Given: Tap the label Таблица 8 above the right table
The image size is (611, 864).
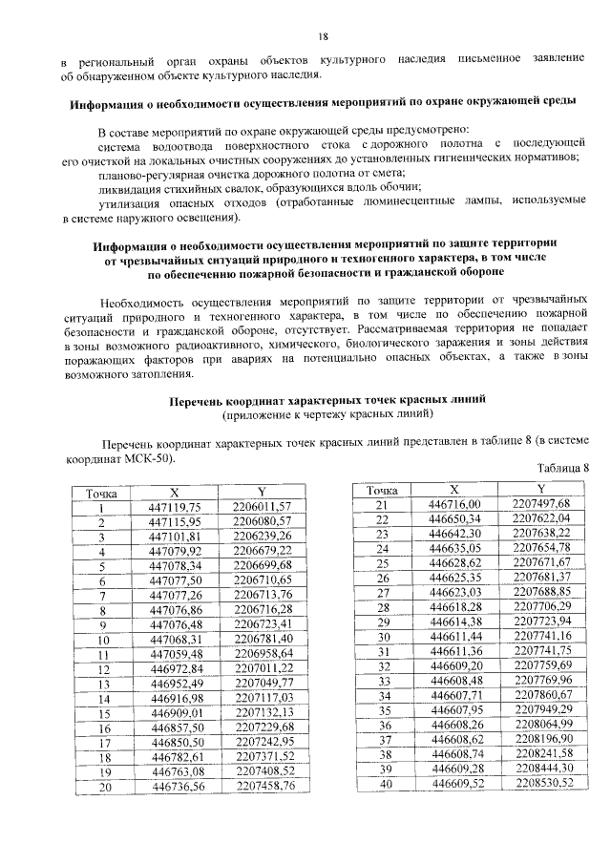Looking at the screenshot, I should pos(563,467).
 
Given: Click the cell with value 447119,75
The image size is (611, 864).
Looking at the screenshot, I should pos(177,508).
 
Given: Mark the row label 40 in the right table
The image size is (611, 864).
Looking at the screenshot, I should pos(385,783).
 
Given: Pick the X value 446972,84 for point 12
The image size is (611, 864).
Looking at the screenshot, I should pos(177,668).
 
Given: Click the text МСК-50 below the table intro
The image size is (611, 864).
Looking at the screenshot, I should pos(152,457).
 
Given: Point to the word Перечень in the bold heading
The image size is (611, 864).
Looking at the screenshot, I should pos(198,401).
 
